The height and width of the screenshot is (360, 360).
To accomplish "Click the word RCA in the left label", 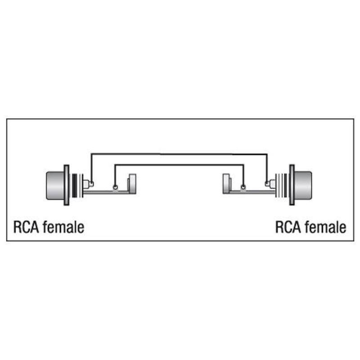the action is click(26, 227).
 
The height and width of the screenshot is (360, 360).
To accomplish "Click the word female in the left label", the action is click(63, 227).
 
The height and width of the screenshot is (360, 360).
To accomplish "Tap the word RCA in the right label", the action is click(288, 227).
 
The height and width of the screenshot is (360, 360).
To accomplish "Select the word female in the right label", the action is click(325, 227).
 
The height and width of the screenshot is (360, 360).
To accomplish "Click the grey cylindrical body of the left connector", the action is click(55, 185).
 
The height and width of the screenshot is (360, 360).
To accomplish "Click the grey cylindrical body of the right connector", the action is click(303, 185).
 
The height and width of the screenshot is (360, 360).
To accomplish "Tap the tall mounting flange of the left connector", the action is click(66, 185).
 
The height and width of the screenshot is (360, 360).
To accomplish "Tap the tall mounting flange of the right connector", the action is click(292, 185).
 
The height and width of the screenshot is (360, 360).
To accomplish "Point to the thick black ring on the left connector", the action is click(75, 185).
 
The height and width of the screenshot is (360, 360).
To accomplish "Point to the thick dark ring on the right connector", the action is click(285, 185).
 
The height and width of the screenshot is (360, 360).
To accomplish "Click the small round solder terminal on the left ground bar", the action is click(115, 187).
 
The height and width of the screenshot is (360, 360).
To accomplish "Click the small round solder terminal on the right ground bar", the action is click(243, 187).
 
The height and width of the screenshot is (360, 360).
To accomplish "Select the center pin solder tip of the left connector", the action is click(92, 184).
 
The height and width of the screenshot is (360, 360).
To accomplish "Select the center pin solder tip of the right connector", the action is click(267, 184).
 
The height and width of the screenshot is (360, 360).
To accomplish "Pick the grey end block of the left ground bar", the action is click(132, 184).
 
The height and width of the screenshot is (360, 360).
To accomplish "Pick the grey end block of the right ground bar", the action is click(226, 184).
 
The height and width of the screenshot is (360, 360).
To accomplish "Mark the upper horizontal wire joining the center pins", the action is click(179, 154).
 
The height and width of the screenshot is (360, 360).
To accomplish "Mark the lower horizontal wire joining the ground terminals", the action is click(179, 165).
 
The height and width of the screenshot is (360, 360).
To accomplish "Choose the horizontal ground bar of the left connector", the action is click(106, 192).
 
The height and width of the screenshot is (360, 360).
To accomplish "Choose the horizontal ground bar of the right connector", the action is click(252, 192).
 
